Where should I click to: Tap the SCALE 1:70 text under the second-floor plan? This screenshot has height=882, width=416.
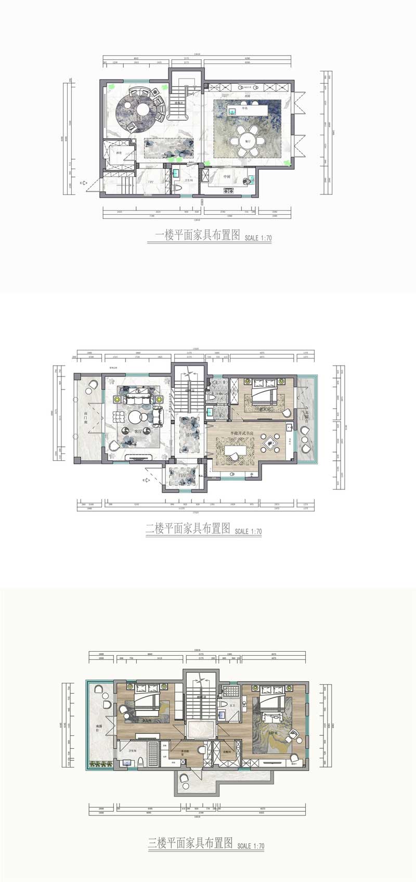(x=248, y=531)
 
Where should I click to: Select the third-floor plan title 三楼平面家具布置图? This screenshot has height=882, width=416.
(x=190, y=843)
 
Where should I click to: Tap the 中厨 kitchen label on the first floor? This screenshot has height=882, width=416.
(x=227, y=177)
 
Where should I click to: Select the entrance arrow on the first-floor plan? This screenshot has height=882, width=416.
(x=83, y=183)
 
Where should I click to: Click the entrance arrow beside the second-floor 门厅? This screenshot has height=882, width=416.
(x=148, y=481)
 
